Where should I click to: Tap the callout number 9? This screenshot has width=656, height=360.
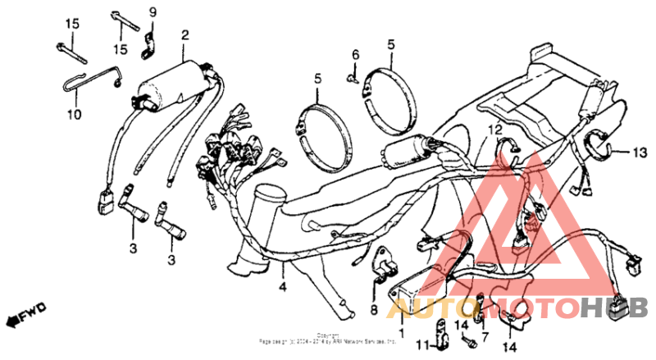[x=151, y=11]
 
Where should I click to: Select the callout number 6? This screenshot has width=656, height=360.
[x=356, y=54]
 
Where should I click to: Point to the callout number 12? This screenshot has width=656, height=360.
[x=494, y=130]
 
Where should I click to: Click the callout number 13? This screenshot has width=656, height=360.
[x=640, y=152]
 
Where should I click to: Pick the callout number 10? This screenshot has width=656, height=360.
[x=74, y=115]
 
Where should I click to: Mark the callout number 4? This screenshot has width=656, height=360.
[x=282, y=287]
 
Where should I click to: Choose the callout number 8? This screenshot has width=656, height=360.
[x=373, y=310]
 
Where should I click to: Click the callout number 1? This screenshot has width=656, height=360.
[x=402, y=335]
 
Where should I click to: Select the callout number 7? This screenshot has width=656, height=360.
[x=484, y=337]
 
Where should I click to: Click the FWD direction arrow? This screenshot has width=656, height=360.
[x=25, y=314]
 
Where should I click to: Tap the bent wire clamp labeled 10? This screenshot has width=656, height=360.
[x=90, y=78]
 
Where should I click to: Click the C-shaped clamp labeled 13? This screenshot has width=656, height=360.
[x=599, y=148]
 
